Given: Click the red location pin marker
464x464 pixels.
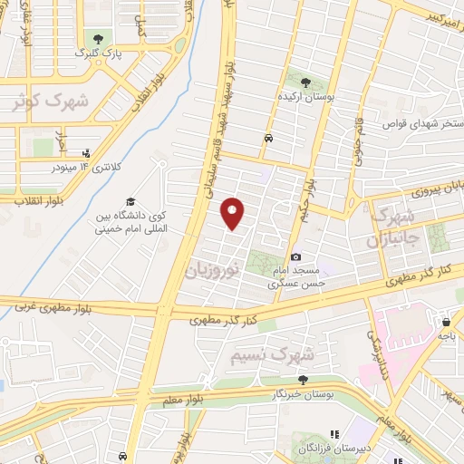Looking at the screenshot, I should click(234, 214).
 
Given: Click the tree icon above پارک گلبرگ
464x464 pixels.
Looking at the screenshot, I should click(96, 39).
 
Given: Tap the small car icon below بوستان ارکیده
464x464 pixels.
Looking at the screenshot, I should click(269, 139).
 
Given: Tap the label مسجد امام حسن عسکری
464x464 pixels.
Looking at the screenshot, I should click(300, 277).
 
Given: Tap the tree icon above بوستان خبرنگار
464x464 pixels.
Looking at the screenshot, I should click(303, 380).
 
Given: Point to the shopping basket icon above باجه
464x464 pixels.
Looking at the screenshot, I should click(446, 320).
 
